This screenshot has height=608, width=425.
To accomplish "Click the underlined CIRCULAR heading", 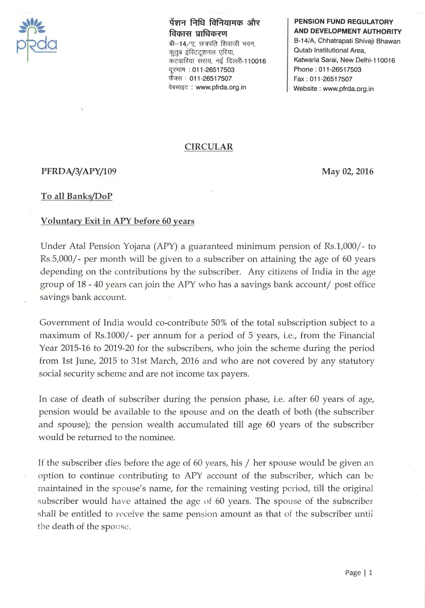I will [209, 147].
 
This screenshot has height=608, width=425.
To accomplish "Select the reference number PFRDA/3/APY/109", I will [79, 171].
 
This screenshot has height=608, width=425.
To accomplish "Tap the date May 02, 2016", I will [347, 171].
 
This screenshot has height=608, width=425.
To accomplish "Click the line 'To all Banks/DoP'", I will [77, 196].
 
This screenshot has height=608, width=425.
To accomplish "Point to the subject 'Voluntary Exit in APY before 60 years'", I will [117, 221].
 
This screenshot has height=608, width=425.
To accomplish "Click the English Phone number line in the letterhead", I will [327, 70].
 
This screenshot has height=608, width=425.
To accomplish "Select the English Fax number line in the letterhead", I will [323, 79].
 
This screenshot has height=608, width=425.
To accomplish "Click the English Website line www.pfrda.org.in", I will [333, 89].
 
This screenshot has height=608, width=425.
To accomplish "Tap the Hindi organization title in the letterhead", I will [214, 27].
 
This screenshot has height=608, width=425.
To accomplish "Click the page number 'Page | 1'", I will [358, 573].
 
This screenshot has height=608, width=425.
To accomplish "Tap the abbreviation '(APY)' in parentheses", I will [165, 246].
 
